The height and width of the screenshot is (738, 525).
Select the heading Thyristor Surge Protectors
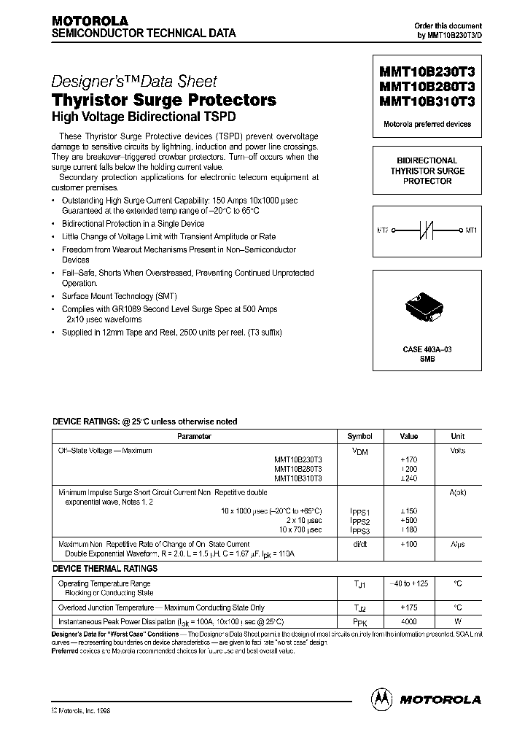[x=163, y=100]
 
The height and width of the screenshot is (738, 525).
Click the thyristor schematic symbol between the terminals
[x=427, y=231]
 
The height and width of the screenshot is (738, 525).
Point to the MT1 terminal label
[x=470, y=231]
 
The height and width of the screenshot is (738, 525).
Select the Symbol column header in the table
[x=359, y=436]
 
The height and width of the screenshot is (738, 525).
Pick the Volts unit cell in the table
[x=457, y=451]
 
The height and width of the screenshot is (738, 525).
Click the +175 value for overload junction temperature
[x=409, y=607]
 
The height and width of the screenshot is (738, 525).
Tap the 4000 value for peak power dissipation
[x=409, y=621]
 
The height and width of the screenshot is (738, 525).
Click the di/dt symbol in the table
[x=359, y=545]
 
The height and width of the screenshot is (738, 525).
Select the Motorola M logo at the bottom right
[x=381, y=698]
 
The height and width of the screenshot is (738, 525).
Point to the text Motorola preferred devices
[x=427, y=124]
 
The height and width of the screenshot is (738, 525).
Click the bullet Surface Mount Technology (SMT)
[x=108, y=296]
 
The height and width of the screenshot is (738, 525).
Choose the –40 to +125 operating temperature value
[x=409, y=583]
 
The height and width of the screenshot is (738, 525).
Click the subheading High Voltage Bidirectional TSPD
[x=144, y=117]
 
